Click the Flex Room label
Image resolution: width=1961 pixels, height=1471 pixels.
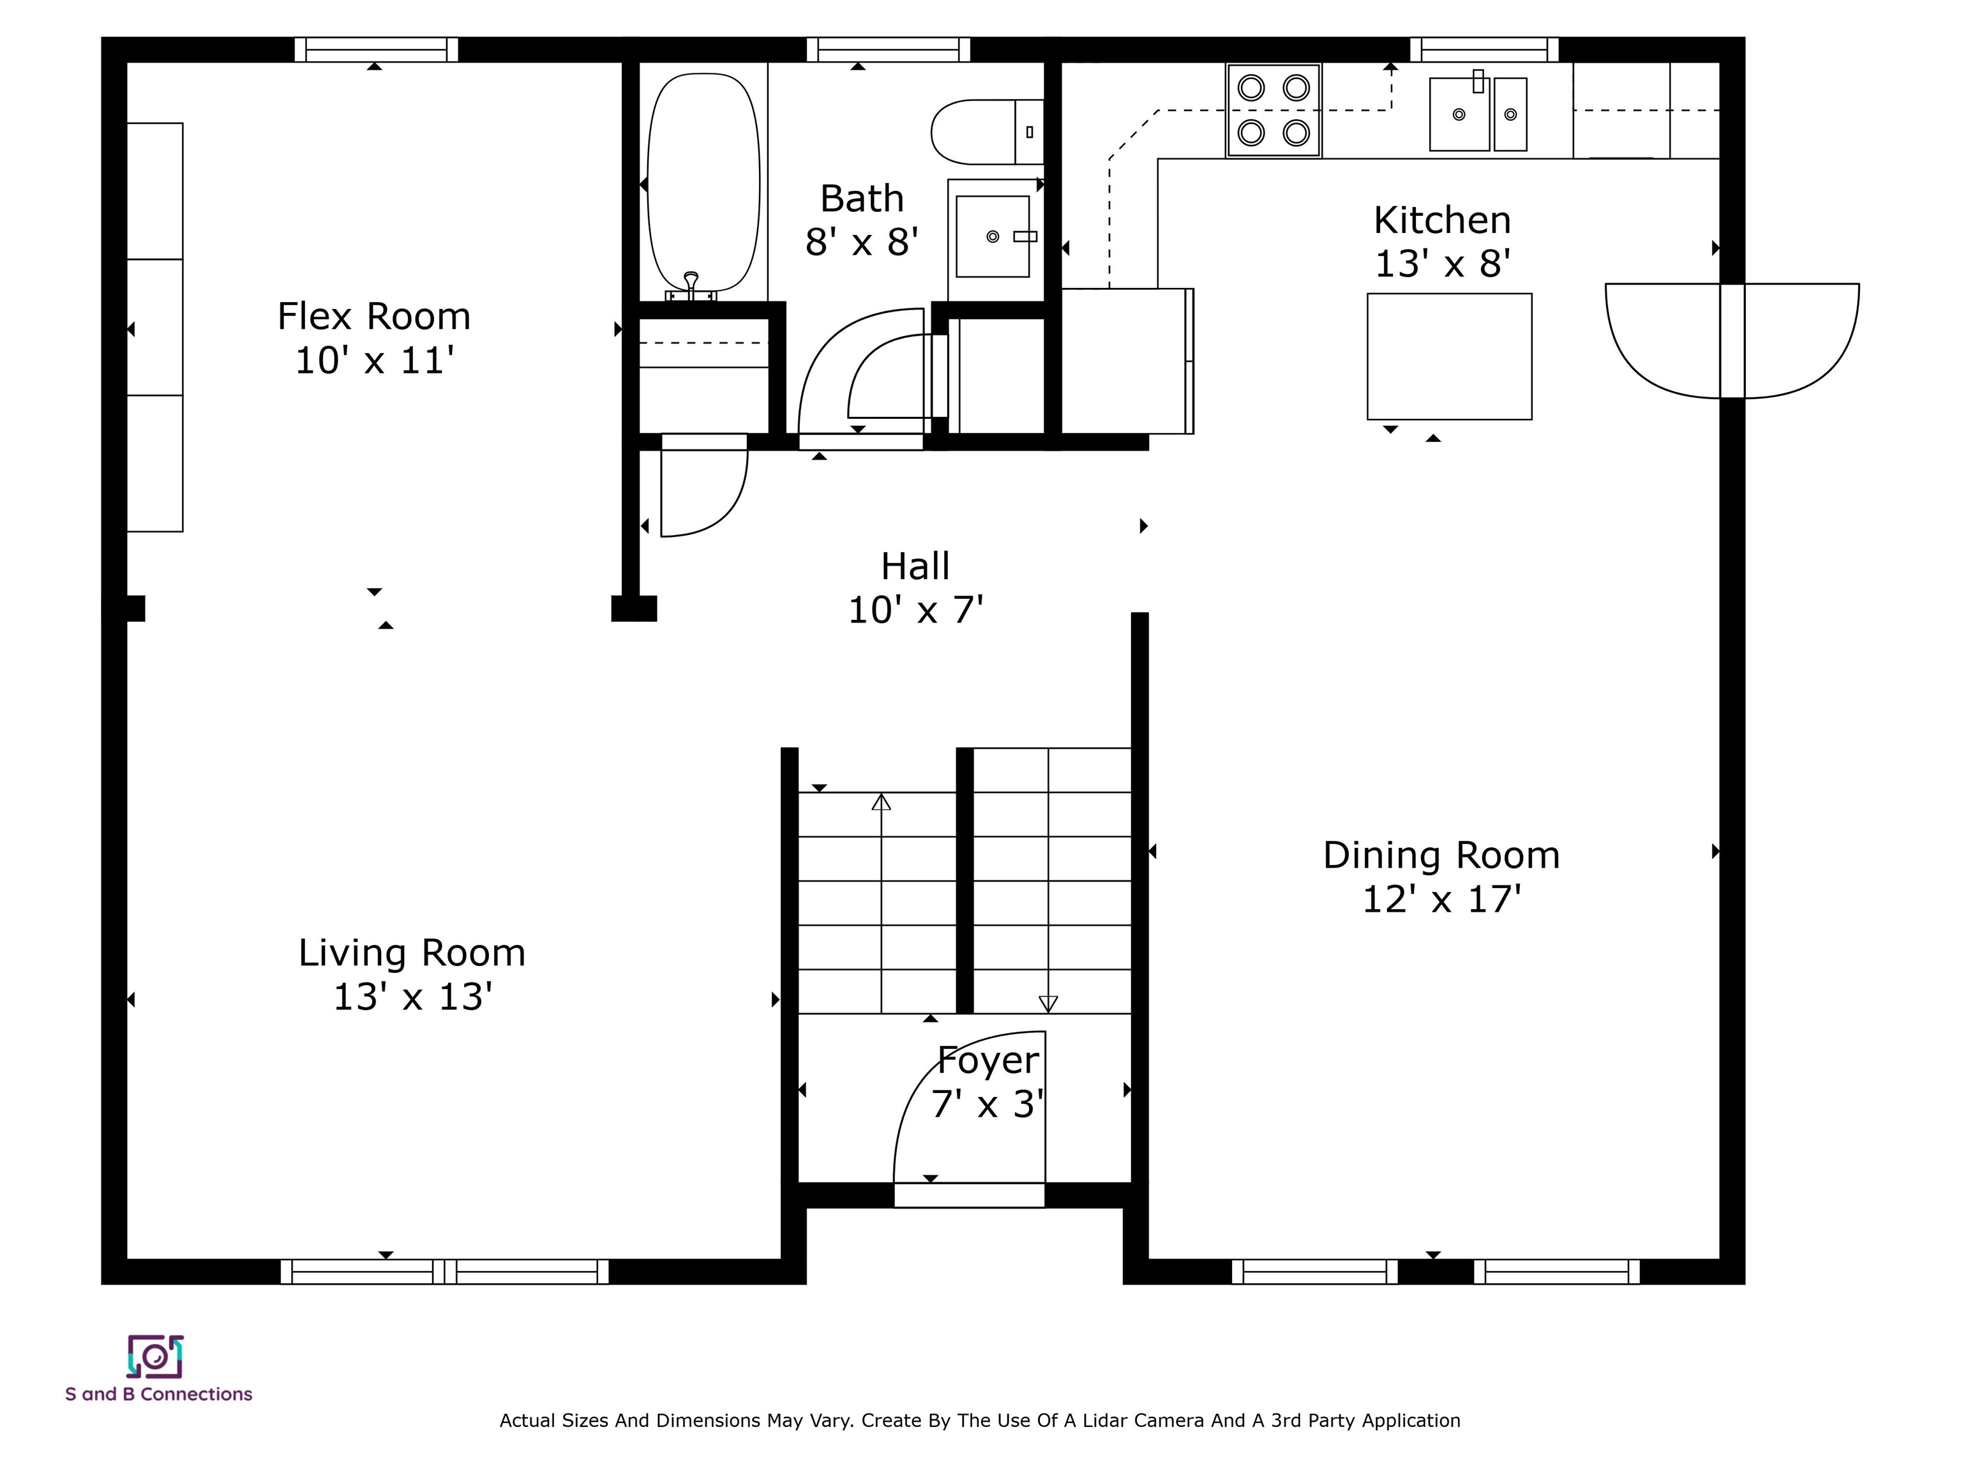tap(373, 317)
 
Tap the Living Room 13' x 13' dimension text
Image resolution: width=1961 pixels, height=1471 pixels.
tap(412, 997)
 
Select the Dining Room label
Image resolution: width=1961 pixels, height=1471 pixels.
tap(1441, 856)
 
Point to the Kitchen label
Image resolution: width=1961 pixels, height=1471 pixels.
tap(1443, 220)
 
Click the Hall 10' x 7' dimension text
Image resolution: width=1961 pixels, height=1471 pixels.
tap(916, 610)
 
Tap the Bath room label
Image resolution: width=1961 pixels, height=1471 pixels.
tap(862, 199)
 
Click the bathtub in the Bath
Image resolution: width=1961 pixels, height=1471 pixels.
tap(704, 183)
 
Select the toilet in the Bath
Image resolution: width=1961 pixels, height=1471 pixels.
tap(988, 132)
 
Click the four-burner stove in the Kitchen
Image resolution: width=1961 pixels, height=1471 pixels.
tap(1274, 111)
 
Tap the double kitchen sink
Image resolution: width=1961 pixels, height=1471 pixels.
tap(1478, 114)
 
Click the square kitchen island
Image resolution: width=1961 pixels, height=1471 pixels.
tap(1450, 356)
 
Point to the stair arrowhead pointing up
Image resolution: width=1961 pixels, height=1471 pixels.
tap(881, 801)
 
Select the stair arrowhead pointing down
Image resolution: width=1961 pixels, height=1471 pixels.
tap(1048, 1004)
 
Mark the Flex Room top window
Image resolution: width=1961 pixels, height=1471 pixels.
tap(376, 50)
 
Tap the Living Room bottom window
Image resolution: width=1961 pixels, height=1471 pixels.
tap(445, 1272)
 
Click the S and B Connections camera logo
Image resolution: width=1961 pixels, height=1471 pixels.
tap(155, 1357)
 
